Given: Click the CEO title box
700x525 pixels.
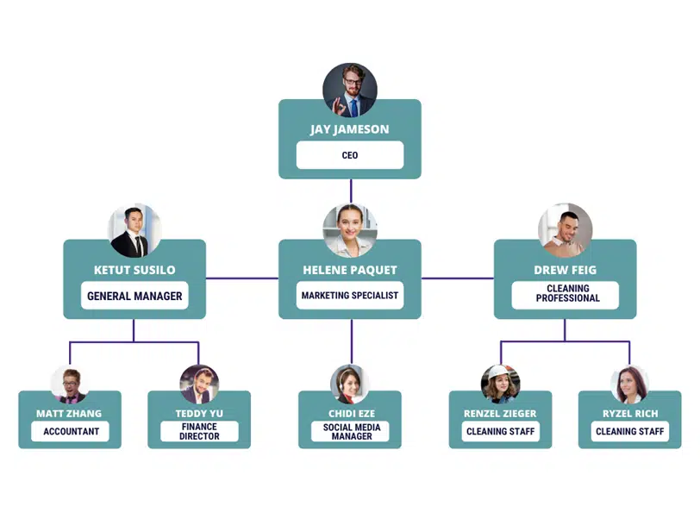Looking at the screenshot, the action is [350, 155].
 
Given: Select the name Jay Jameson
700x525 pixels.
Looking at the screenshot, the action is [350, 129].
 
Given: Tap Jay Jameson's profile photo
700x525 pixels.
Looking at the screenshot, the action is [350, 90].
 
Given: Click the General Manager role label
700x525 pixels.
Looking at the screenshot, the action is [134, 296].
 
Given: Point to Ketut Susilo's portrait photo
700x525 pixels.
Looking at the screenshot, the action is [134, 230].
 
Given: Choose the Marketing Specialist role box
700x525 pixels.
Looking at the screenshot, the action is [350, 295].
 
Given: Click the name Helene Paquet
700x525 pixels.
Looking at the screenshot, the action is [350, 270].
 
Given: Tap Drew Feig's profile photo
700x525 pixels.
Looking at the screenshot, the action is [566, 230].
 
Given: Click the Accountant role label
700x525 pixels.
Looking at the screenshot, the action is [70, 431].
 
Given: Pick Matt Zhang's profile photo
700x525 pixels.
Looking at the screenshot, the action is [70, 384].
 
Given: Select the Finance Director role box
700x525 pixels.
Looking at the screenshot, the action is [199, 431].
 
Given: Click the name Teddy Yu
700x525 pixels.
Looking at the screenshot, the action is [199, 414].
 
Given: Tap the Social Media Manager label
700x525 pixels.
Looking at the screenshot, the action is [351, 431].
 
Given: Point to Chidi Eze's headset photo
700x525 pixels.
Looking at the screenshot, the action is [350, 384].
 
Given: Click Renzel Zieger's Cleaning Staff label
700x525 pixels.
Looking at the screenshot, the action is [501, 431].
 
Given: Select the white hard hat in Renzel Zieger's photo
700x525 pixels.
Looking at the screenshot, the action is [499, 372].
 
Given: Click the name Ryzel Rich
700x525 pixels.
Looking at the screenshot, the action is [630, 414].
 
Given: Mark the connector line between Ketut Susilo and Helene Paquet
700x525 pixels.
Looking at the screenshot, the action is [242, 278].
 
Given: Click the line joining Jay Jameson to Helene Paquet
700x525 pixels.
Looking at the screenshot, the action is [351, 191].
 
